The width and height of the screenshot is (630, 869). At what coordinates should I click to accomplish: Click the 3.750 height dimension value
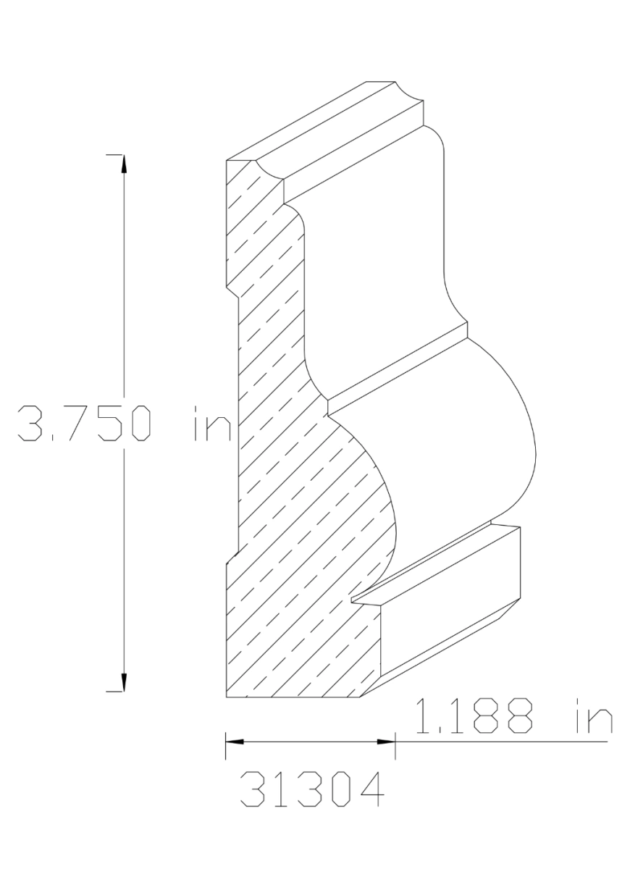click(85, 424)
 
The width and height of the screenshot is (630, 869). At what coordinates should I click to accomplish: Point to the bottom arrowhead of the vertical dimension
click(124, 683)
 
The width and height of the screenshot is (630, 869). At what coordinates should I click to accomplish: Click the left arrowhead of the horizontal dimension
click(233, 742)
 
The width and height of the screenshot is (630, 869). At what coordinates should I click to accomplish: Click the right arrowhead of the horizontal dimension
click(387, 742)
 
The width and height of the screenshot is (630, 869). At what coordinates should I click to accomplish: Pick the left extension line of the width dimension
click(226, 746)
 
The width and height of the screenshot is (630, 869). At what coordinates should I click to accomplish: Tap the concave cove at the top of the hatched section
click(269, 174)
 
